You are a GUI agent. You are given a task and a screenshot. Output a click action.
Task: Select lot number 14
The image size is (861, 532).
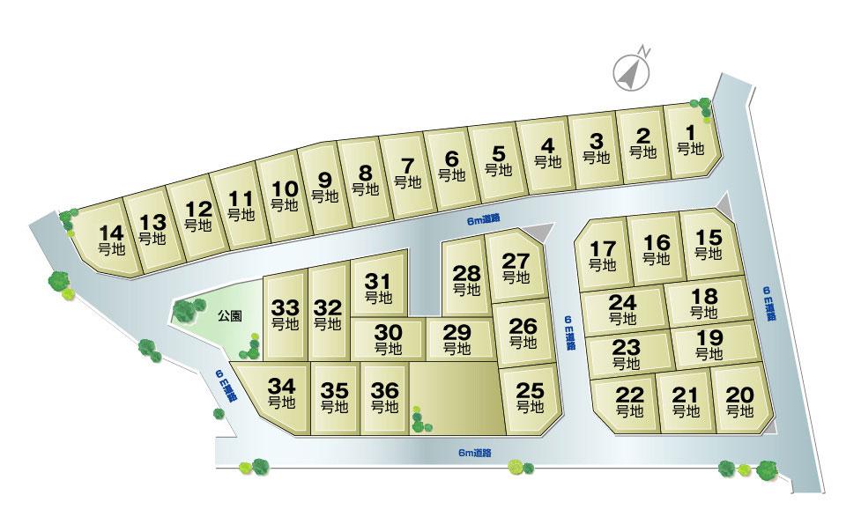[111, 240]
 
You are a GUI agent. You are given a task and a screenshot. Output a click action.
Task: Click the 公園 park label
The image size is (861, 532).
[232, 314]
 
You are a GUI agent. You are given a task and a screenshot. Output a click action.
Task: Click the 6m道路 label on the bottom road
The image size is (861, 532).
[475, 453]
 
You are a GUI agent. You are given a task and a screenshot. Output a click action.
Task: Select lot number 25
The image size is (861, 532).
[531, 397]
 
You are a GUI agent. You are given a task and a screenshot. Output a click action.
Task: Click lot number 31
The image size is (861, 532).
[378, 289]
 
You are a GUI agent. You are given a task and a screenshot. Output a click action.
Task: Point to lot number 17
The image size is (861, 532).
[602, 254]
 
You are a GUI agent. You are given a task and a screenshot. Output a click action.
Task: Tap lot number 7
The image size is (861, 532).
[406, 172]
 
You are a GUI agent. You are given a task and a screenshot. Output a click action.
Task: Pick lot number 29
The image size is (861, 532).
[456, 339]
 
